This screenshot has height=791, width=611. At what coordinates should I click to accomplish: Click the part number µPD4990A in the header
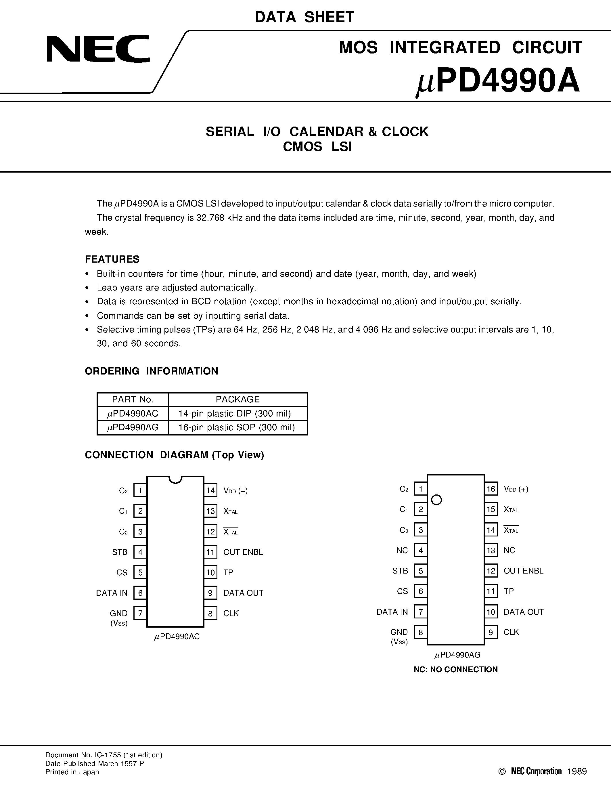(x=498, y=83)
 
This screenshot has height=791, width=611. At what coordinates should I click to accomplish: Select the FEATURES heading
(x=112, y=259)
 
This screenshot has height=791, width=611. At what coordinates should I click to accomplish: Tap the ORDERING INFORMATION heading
(x=151, y=371)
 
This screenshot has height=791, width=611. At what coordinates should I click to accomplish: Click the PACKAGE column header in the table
(x=237, y=399)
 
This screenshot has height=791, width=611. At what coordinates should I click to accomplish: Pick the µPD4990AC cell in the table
(x=133, y=413)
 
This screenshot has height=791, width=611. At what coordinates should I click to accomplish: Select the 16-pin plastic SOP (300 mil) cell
(x=237, y=427)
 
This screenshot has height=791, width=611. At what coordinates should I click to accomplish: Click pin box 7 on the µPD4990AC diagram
(x=140, y=614)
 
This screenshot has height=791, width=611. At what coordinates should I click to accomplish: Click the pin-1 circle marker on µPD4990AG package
(x=437, y=500)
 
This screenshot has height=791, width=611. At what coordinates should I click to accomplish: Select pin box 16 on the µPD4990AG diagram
(x=491, y=489)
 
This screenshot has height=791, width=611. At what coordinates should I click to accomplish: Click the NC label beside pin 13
(x=509, y=551)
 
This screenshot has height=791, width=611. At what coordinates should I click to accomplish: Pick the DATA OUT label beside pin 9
(x=243, y=593)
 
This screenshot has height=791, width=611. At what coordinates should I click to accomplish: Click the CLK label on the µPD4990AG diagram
(x=511, y=632)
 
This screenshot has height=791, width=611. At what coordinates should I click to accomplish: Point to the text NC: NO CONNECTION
(x=455, y=669)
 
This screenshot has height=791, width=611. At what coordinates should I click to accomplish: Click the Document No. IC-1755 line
(x=104, y=755)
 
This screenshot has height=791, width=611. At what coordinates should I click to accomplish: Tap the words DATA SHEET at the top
(x=304, y=17)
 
